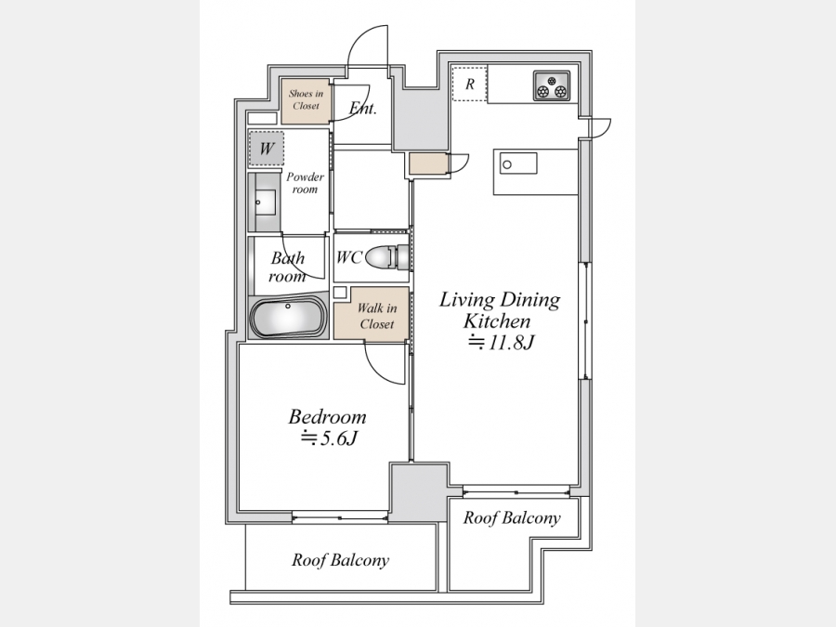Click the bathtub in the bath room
pyautogui.click(x=288, y=318)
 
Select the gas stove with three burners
pyautogui.click(x=551, y=85)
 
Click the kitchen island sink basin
pyautogui.click(x=517, y=163)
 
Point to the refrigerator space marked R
pyautogui.click(x=470, y=84)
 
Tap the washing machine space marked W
pyautogui.click(x=267, y=149)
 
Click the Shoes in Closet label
pyautogui.click(x=306, y=99)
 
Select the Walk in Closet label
pyautogui.click(x=377, y=316)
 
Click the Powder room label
pyautogui.click(x=305, y=183)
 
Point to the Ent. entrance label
pyautogui.click(x=363, y=109)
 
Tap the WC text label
pyautogui.click(x=349, y=257)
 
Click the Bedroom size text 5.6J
pyautogui.click(x=329, y=438)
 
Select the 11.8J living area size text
pyautogui.click(x=501, y=342)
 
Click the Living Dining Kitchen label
pyautogui.click(x=500, y=309)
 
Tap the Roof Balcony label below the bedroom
pyautogui.click(x=340, y=560)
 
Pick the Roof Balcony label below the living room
pyautogui.click(x=512, y=517)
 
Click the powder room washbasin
pyautogui.click(x=265, y=202)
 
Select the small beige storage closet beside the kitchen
pyautogui.click(x=427, y=163)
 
